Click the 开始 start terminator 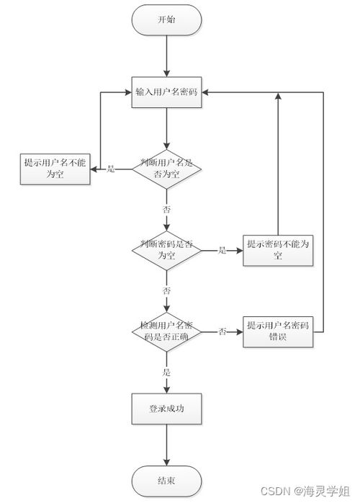pos(166,20)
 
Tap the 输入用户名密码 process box pos(166,92)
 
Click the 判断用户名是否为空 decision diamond pos(166,168)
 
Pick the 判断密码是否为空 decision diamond pos(166,250)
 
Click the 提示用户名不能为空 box pos(55,168)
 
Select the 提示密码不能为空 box pos(278,250)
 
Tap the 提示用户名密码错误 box pos(278,331)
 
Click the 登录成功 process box pos(166,409)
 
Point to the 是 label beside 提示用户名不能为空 pos(111,169)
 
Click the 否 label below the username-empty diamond pos(166,208)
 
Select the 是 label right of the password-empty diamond pos(222,250)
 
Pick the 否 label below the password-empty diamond pos(166,290)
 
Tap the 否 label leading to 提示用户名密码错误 pos(222,331)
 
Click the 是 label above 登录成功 pos(166,372)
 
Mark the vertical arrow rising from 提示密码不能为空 pos(278,166)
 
